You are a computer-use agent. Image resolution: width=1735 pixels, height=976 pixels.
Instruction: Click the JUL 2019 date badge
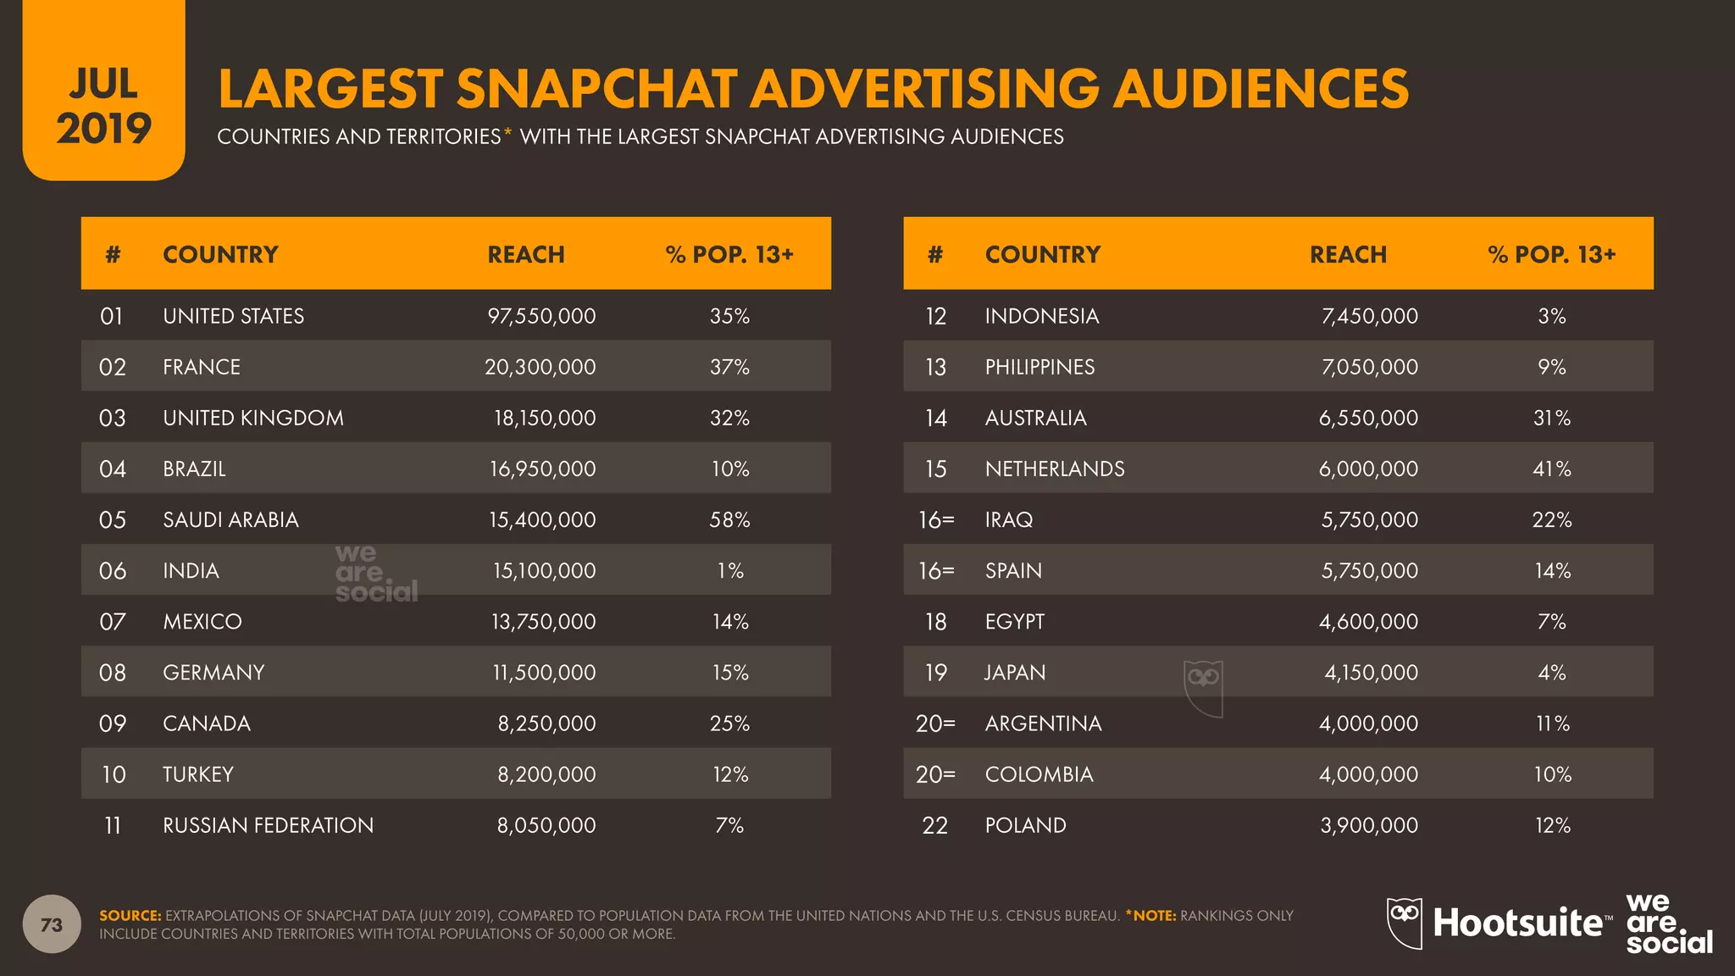point(103,106)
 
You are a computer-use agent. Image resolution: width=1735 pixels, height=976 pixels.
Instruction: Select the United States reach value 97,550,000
point(541,316)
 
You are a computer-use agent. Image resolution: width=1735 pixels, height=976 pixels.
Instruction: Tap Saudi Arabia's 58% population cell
point(729,519)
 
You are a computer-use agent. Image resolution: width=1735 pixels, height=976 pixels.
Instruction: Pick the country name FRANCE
point(202,367)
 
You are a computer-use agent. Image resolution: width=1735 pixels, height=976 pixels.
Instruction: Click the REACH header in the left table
point(525,254)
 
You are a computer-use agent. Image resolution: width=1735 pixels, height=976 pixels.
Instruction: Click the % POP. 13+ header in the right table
point(1551,254)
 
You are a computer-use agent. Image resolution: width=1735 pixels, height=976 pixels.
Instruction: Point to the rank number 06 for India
point(113,571)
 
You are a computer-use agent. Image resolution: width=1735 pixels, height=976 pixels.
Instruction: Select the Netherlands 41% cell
point(1551,469)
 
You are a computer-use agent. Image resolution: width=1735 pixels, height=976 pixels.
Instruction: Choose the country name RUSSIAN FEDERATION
point(268,825)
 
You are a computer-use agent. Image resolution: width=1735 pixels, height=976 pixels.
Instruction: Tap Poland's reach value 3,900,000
point(1368,825)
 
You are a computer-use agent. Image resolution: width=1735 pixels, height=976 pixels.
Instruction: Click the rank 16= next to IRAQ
point(936,519)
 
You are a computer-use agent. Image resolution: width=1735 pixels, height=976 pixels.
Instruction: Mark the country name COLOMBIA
point(1039,774)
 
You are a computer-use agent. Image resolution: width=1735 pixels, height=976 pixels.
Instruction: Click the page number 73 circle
point(52,924)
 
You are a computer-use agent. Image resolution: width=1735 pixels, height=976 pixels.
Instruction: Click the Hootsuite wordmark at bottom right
point(1516,923)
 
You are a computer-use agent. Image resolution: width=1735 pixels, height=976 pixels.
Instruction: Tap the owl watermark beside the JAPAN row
point(1203,687)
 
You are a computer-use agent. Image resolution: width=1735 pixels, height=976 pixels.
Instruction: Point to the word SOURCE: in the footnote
point(130,915)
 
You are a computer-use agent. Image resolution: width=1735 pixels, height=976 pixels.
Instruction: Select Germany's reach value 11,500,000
point(544,673)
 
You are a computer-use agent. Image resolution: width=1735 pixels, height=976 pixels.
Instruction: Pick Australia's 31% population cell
point(1551,418)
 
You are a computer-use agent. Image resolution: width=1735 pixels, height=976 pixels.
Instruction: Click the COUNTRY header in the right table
point(1042,254)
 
